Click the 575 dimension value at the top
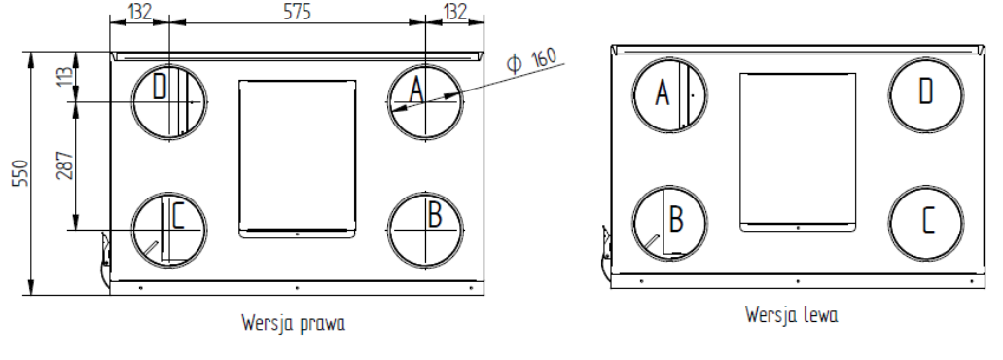(x=298, y=12)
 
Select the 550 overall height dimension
(x=20, y=173)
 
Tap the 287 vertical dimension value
(x=64, y=165)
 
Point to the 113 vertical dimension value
(x=65, y=77)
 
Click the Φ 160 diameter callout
(x=531, y=59)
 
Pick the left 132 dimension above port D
(x=139, y=12)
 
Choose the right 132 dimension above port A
(x=455, y=12)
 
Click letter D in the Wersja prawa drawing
(x=160, y=88)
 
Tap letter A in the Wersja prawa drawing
(x=416, y=90)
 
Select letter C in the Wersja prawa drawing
(x=177, y=215)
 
